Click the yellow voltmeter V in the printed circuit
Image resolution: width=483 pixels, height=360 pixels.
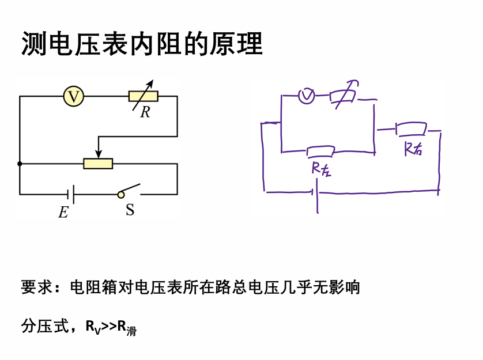coord(74,96)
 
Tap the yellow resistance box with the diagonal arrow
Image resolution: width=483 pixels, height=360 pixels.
coord(144,96)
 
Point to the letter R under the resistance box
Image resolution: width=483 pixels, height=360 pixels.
coord(145,112)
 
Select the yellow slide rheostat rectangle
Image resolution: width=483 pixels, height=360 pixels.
coord(98,164)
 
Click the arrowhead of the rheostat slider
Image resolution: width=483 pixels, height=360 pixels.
coord(99,154)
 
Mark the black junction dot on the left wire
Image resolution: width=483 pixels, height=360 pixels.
coord(20,164)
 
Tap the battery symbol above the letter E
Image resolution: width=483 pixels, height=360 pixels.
coord(73,194)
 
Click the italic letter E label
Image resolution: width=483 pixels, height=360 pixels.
coord(63,213)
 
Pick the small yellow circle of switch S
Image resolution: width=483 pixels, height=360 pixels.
coord(121,195)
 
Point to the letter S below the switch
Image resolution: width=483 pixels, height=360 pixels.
coord(130,210)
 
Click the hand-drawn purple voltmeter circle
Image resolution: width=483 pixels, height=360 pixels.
coord(306,96)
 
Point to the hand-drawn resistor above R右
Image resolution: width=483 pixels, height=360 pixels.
coord(411,128)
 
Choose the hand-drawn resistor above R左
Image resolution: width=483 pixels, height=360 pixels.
coord(320,151)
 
